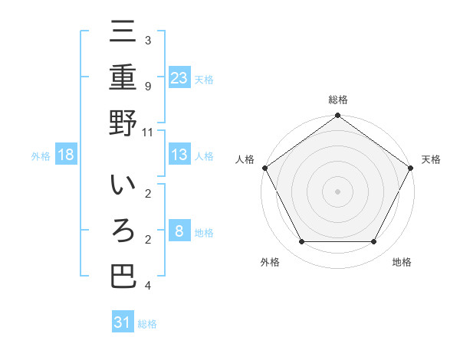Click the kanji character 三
click(x=123, y=32)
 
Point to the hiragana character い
click(x=123, y=185)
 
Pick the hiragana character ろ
click(x=123, y=231)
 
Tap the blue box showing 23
click(x=179, y=77)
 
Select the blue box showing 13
click(x=179, y=155)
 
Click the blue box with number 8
click(x=179, y=231)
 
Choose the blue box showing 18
click(x=66, y=155)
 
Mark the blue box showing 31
click(x=123, y=322)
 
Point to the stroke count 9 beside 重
click(x=147, y=86)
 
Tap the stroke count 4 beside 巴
click(x=147, y=286)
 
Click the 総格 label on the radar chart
click(x=337, y=100)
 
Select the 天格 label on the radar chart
click(x=431, y=159)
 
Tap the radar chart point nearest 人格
click(x=264, y=168)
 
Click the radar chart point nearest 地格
click(x=374, y=242)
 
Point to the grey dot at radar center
click(x=337, y=191)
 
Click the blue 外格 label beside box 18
click(x=41, y=156)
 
